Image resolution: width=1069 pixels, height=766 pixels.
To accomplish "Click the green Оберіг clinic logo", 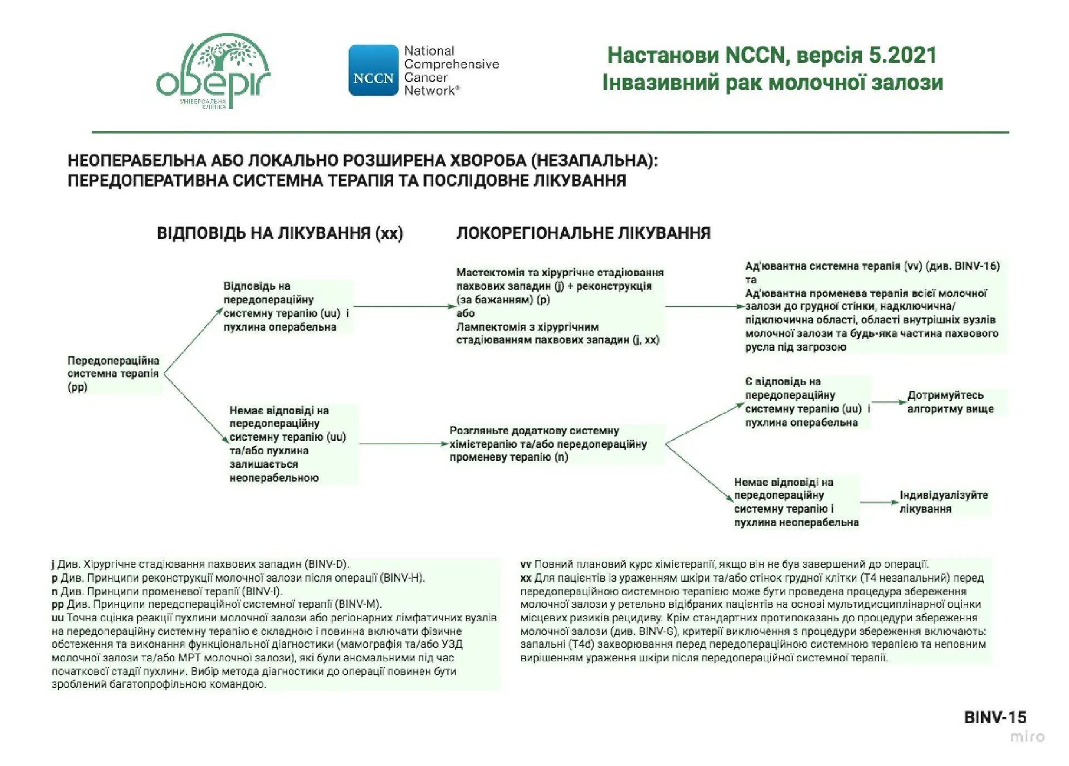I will tap(213, 71).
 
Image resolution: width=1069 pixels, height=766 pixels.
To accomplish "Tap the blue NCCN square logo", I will tap(373, 70).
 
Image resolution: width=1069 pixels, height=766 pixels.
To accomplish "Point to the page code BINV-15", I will tap(995, 717).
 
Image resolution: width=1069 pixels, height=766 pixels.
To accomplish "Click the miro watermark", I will tap(1027, 736).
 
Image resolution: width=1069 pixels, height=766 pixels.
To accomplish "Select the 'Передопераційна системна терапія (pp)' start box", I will tap(114, 374).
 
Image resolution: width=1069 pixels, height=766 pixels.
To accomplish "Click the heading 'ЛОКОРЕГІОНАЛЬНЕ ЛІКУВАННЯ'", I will tap(583, 233).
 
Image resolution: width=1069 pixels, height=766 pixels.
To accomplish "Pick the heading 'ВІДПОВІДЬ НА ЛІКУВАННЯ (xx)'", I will tap(279, 233).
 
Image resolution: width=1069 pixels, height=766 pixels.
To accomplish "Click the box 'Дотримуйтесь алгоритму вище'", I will tap(950, 402).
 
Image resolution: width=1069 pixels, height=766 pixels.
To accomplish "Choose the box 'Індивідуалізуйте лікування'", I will tap(944, 502).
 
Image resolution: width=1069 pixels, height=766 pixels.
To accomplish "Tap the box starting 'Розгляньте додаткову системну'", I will tap(548, 444).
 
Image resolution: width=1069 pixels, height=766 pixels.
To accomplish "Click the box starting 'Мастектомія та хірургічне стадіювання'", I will tap(560, 306).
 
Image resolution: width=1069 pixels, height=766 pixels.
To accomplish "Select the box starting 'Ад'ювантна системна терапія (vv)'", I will tap(872, 306).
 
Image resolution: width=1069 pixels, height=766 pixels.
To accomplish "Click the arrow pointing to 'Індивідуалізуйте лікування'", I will tap(880, 503).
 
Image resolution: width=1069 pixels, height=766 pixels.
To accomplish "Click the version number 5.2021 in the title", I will tap(901, 55).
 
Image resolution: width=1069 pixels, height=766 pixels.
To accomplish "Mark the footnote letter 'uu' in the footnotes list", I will tap(57, 618).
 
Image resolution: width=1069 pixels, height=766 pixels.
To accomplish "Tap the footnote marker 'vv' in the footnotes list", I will tap(526, 564).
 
